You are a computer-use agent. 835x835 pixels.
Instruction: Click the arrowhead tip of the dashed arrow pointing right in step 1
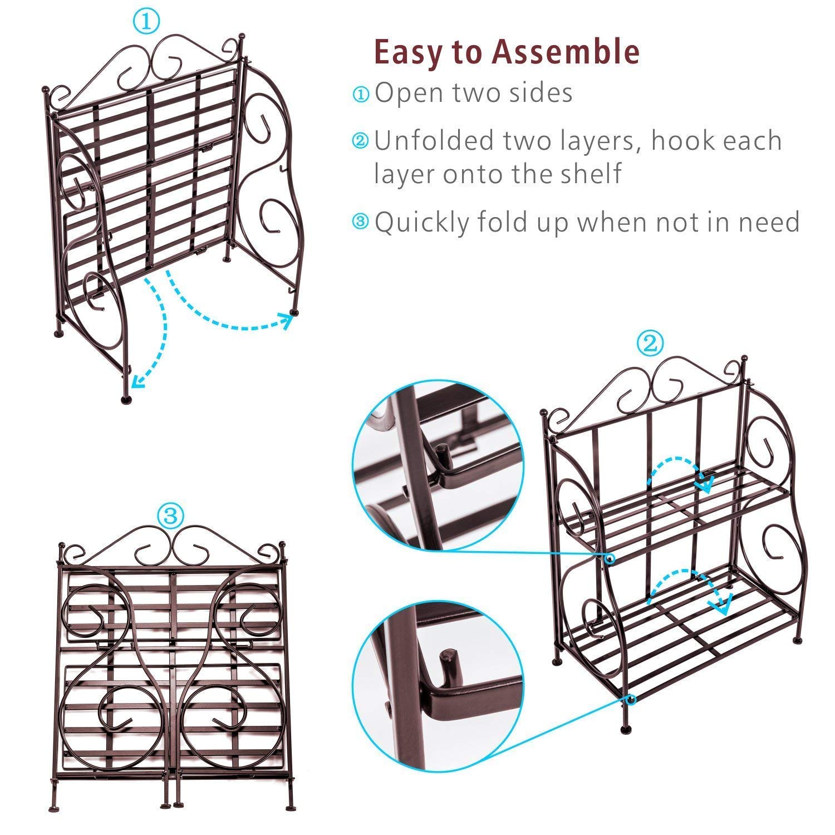(x=293, y=315)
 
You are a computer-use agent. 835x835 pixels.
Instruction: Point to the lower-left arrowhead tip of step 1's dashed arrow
(x=131, y=386)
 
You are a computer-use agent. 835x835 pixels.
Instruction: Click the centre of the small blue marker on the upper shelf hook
(x=611, y=558)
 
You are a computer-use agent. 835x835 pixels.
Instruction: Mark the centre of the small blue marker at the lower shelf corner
(x=630, y=700)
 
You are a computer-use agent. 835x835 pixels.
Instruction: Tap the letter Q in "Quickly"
(x=386, y=222)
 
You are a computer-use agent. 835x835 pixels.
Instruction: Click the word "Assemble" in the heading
(x=566, y=52)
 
